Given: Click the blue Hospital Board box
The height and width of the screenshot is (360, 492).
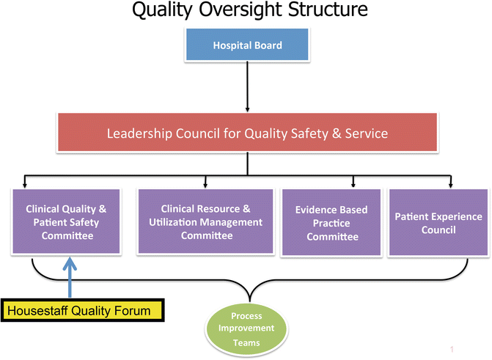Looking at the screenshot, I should (247, 45).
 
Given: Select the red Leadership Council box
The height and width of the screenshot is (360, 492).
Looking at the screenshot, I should (247, 133).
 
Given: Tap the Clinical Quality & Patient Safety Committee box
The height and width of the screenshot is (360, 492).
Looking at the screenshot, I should (67, 222).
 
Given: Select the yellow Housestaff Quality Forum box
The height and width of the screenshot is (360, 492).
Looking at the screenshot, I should (87, 311).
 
